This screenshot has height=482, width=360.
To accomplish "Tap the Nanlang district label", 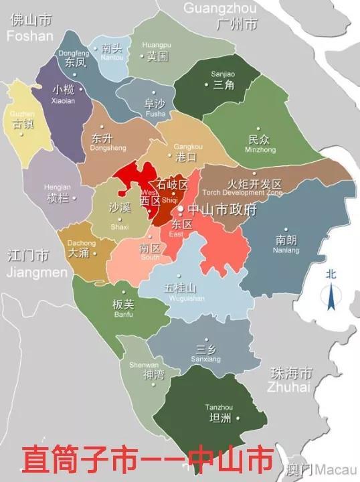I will coord(286,243).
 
